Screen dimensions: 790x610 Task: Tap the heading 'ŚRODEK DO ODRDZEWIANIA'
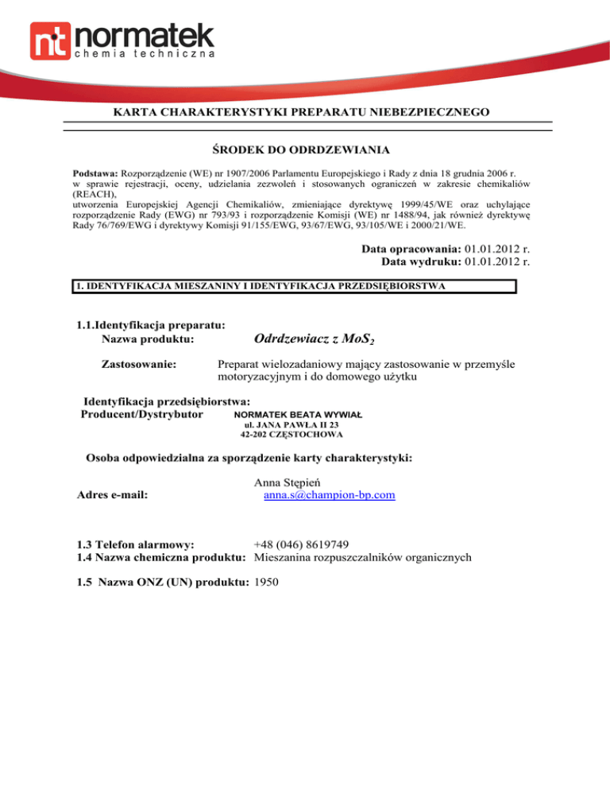(307, 149)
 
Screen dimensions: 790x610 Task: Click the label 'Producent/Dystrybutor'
(142, 413)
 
